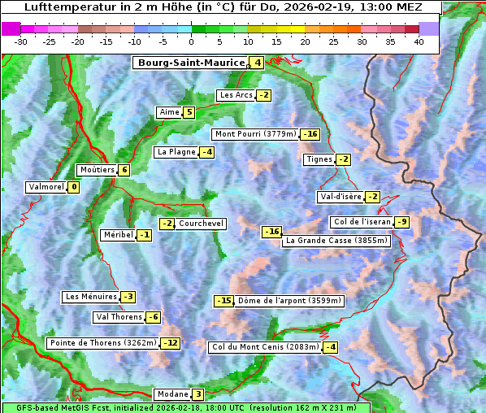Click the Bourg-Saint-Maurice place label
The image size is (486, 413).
tap(191, 63)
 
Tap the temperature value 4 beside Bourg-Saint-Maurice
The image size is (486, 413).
tap(257, 63)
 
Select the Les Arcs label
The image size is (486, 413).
tap(236, 95)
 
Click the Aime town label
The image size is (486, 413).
tap(169, 112)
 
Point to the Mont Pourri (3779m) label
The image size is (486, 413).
tap(255, 134)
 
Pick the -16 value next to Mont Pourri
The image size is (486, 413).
tap(310, 134)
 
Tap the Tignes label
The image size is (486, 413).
tap(319, 159)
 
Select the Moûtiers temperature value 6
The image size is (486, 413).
tap(124, 170)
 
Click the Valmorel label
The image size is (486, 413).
tap(46, 187)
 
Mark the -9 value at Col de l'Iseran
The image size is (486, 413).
tap(401, 222)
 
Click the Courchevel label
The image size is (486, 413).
tap(201, 224)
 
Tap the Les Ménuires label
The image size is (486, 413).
tap(91, 297)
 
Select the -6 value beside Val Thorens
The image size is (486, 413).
tap(153, 317)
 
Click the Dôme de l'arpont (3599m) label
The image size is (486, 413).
tap(289, 301)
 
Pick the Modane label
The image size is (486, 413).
tap(172, 394)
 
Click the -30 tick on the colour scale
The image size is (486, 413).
tap(21, 41)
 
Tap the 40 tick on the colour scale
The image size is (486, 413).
tap(419, 41)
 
